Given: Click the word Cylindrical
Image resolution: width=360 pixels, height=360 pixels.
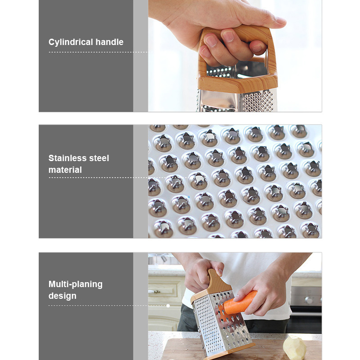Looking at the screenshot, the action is [71, 42].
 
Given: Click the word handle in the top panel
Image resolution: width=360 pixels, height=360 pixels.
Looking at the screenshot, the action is [109, 42].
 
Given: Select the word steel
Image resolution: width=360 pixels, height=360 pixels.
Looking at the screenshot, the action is [99, 158].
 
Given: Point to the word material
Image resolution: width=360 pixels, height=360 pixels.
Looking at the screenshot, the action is [65, 170].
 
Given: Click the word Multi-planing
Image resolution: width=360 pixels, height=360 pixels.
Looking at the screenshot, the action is [76, 284].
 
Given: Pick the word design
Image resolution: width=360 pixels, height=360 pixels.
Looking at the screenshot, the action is [63, 296].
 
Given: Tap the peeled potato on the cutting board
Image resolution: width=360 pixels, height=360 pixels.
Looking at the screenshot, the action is [295, 346].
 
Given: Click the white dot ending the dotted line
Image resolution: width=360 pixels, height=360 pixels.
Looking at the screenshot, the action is [168, 306].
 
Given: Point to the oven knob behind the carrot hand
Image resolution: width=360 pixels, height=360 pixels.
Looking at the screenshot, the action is [309, 300].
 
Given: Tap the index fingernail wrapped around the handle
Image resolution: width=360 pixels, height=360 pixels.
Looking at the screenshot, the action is [211, 41].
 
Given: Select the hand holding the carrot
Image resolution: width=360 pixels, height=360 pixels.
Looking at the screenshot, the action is [262, 292].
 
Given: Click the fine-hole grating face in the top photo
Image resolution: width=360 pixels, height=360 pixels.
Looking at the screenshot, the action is [258, 101].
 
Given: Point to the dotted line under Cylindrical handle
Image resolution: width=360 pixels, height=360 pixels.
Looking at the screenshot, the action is [98, 52].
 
